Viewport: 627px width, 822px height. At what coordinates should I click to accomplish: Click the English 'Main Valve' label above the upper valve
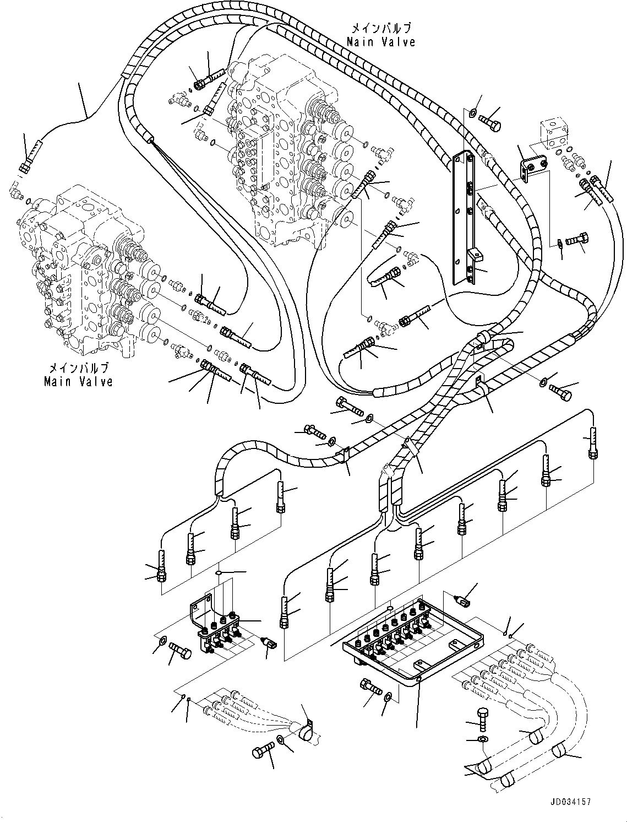coord(380,42)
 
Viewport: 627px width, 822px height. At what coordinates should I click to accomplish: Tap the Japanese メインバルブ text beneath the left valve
coord(79,369)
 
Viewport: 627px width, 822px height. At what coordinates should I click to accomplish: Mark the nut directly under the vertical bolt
coord(483,738)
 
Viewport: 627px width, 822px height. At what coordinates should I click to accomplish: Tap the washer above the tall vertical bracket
coord(472,113)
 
